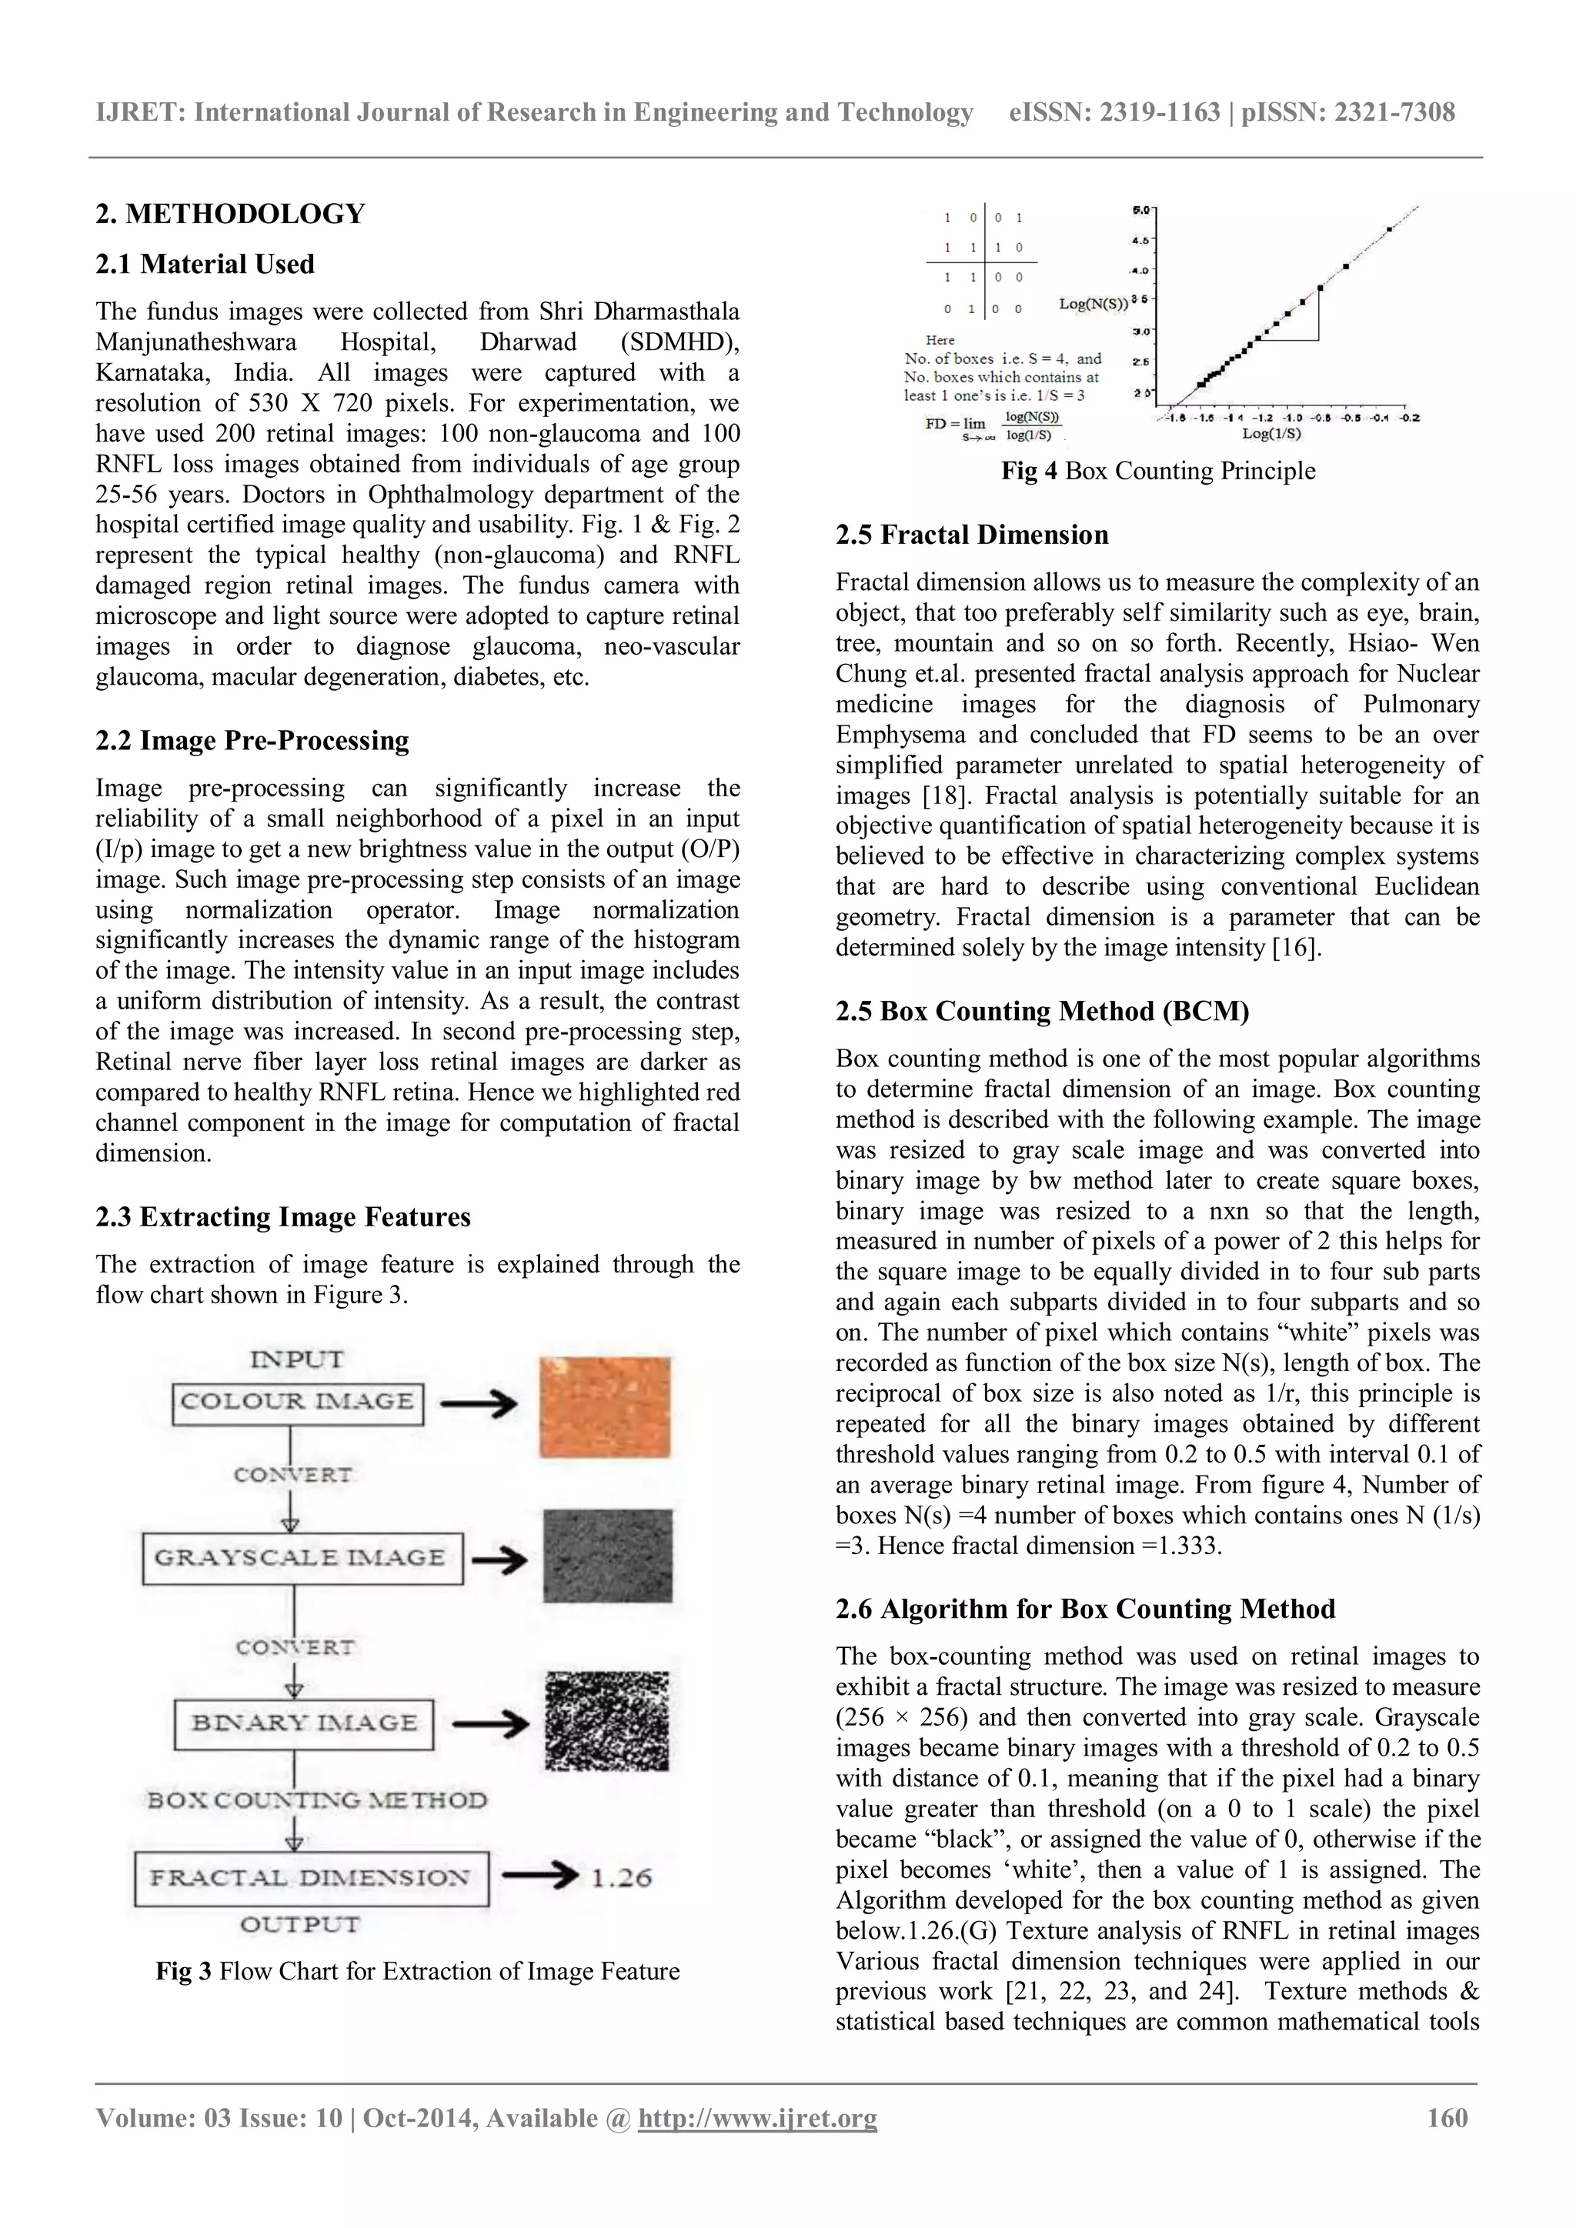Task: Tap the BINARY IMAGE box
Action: point(304,1723)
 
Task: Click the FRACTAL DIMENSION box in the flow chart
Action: point(311,1879)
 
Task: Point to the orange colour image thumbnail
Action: point(605,1406)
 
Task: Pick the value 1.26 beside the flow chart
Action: point(621,1879)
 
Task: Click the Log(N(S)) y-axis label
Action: point(1093,304)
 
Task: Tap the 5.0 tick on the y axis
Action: point(1141,209)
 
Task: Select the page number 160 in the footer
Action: point(1447,2118)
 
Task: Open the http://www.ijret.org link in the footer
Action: point(757,2118)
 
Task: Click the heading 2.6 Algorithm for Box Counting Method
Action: point(1085,1609)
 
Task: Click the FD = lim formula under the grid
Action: point(993,424)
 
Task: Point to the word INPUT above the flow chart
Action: point(297,1359)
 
